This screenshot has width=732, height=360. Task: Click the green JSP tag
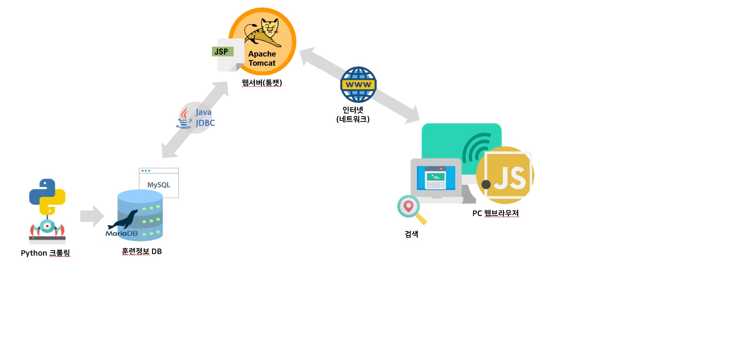[x=222, y=52]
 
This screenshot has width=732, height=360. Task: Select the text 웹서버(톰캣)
[x=262, y=83]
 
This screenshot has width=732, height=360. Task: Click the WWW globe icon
[x=358, y=84]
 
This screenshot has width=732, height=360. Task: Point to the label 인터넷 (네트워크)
[x=353, y=115]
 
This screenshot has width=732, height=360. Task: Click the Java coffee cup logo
[x=184, y=118]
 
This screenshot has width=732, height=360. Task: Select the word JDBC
[x=205, y=123]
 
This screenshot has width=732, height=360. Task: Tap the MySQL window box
[x=159, y=183]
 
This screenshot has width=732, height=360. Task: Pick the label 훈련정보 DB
[x=142, y=251]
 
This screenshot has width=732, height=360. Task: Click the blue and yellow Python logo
[x=47, y=197]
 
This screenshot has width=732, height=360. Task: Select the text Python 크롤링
[x=46, y=253]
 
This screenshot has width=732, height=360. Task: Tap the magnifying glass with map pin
[x=411, y=209]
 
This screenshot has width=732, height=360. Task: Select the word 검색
[x=411, y=234]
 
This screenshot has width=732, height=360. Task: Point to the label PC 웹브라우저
[x=495, y=213]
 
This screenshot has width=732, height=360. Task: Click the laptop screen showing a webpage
[x=435, y=178]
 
